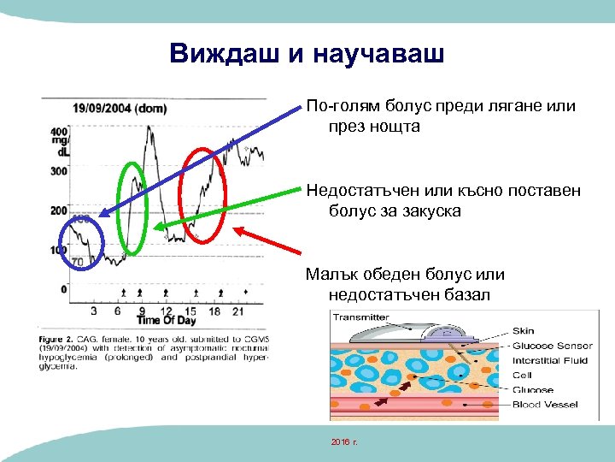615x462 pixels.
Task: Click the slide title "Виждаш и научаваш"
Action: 307,54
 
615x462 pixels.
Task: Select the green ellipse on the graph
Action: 133,208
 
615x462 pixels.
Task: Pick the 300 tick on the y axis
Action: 59,171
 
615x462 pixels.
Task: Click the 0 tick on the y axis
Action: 63,289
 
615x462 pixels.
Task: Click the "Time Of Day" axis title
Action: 167,321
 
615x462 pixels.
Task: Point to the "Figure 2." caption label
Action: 56,338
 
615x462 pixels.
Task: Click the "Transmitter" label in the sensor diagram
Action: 360,317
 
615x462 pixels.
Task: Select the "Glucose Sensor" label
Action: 553,346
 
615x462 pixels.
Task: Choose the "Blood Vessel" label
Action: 544,405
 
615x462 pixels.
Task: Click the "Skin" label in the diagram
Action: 523,331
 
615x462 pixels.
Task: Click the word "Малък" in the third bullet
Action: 333,275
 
